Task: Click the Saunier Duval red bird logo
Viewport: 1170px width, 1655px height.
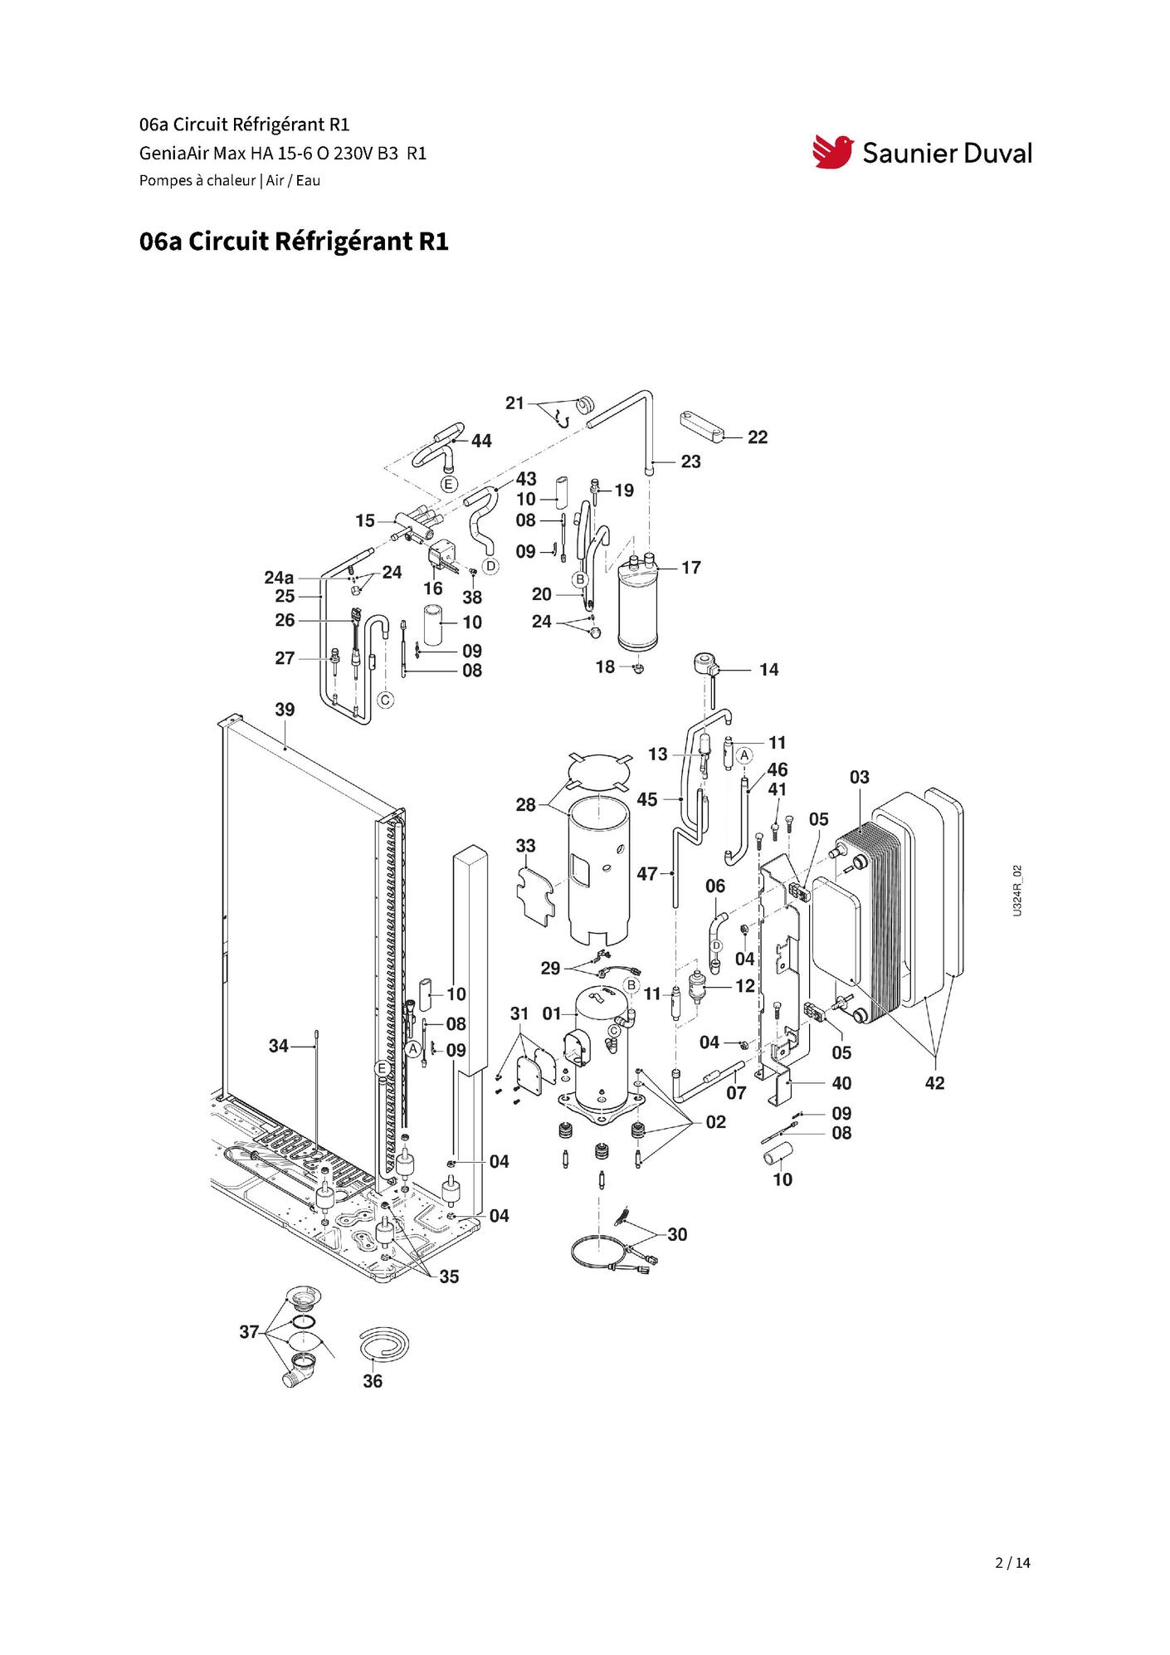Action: (832, 152)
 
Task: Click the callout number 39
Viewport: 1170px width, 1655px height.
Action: (285, 710)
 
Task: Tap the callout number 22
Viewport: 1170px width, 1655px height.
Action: (758, 437)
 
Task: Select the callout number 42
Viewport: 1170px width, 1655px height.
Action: (934, 1083)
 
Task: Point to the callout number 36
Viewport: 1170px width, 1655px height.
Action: (373, 1381)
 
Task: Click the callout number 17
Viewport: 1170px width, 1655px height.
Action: (691, 568)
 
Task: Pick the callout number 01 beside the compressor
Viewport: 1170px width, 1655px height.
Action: (552, 1013)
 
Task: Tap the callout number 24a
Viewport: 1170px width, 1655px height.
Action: (279, 578)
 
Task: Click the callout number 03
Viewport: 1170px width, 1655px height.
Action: (859, 778)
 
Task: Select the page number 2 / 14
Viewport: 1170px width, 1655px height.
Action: (1012, 1563)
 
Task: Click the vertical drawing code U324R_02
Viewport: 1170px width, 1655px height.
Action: (1017, 890)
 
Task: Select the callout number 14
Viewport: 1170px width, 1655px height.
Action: (769, 670)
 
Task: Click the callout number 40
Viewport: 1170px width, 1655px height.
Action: (841, 1083)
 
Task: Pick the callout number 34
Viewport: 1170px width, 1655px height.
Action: (278, 1047)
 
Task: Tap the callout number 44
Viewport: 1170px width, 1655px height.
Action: (481, 441)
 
